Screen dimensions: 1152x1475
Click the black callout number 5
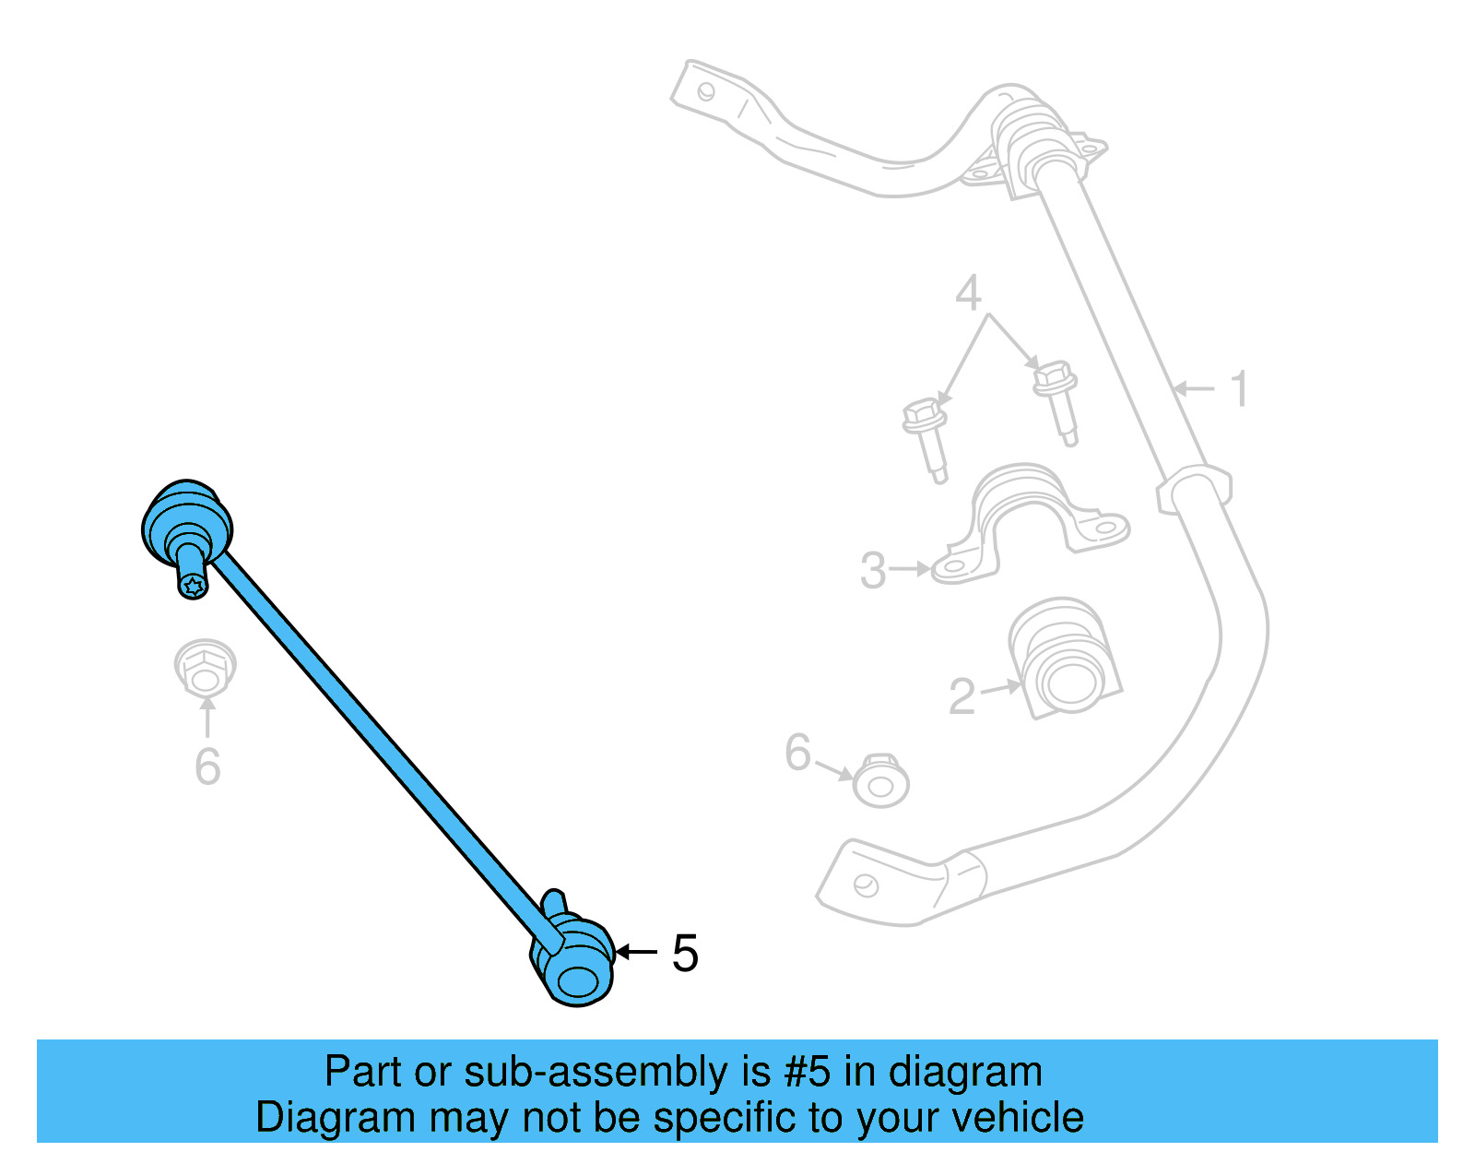tap(685, 953)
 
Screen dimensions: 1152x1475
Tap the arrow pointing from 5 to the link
tap(636, 952)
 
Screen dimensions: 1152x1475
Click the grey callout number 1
tap(1240, 388)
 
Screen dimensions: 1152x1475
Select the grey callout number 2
tap(962, 696)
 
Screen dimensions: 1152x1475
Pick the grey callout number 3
tap(872, 570)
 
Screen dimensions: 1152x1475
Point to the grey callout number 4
tap(968, 293)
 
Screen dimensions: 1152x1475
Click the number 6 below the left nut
tap(207, 766)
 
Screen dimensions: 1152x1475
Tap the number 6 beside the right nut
tap(797, 753)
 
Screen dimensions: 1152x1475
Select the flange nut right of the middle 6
tap(880, 781)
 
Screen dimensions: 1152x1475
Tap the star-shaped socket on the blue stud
tap(193, 586)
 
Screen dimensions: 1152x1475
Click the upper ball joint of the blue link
tap(187, 524)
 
